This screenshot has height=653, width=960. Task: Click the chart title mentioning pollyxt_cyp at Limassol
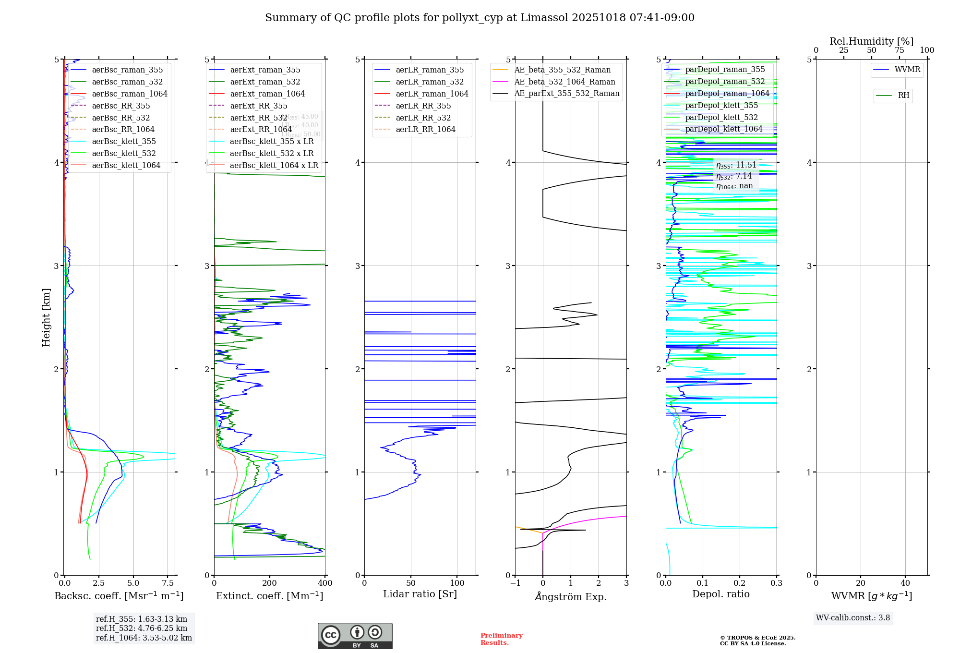click(x=480, y=18)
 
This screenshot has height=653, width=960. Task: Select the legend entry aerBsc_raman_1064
click(x=130, y=94)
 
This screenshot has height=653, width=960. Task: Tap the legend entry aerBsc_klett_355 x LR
click(x=272, y=141)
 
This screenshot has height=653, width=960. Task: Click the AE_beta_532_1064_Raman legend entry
click(x=564, y=82)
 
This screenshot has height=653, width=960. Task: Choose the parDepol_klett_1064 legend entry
click(x=724, y=129)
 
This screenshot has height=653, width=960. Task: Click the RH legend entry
click(x=903, y=96)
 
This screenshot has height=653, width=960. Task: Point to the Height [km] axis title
click(x=46, y=317)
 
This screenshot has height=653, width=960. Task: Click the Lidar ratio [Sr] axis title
click(x=420, y=594)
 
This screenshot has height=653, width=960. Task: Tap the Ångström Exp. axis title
click(x=571, y=596)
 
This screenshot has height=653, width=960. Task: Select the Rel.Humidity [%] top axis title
click(x=871, y=41)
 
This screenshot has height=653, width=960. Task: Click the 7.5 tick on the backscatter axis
click(x=168, y=583)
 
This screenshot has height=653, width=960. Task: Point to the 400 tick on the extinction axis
click(x=325, y=583)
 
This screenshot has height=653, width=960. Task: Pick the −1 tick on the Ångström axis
click(x=515, y=583)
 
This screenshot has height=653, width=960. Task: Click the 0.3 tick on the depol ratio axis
click(x=776, y=583)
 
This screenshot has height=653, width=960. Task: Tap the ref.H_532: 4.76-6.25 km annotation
click(x=142, y=628)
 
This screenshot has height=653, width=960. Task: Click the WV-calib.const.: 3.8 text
click(x=853, y=617)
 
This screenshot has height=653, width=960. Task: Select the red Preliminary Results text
click(x=501, y=639)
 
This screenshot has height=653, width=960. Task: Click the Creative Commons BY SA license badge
click(x=355, y=636)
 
